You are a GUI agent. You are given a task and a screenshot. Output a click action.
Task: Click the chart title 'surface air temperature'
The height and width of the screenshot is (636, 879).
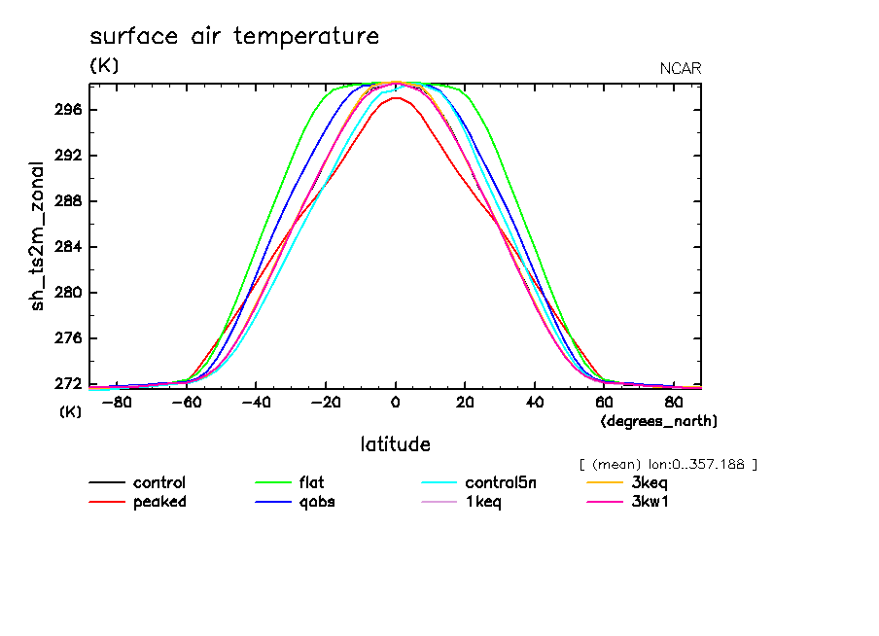(x=233, y=37)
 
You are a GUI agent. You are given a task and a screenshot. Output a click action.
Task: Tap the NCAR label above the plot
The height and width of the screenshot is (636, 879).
(x=680, y=68)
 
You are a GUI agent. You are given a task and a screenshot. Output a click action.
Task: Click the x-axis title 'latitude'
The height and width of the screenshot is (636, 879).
(x=395, y=444)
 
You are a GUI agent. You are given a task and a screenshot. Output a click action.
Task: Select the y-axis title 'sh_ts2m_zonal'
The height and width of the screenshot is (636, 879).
(x=38, y=235)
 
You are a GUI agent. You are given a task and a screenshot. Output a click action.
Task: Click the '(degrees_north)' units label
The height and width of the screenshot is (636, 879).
(x=659, y=421)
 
